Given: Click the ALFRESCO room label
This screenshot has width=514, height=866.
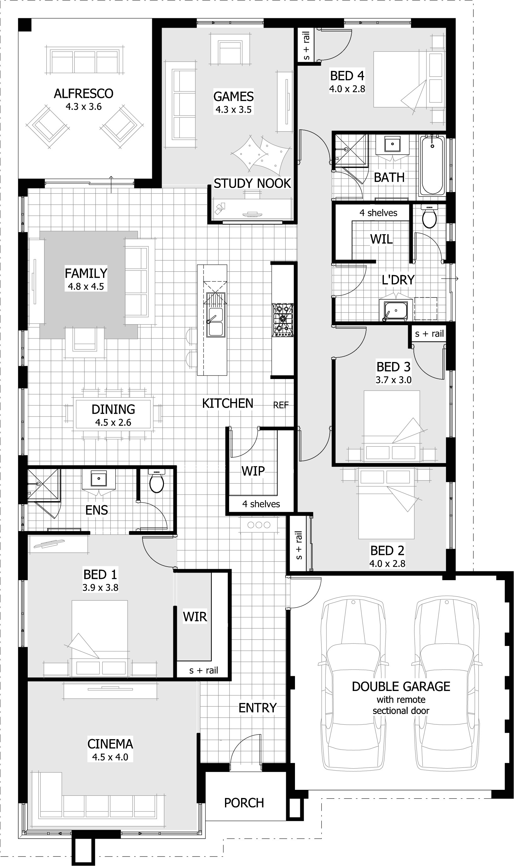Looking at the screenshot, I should coord(84,93).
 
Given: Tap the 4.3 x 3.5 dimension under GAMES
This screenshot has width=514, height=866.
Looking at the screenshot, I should coord(234,110).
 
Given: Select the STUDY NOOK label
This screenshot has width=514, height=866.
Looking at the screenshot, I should coord(252,184).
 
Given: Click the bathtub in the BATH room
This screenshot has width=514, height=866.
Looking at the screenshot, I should coord(432,165).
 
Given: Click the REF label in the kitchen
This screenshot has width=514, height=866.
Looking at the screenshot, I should coord(280,405).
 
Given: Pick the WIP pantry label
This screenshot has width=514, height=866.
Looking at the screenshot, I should coord(253,471).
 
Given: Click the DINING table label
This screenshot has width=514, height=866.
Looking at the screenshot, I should coord(113,409).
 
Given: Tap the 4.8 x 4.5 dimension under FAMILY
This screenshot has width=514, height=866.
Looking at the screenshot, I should coord(86,286).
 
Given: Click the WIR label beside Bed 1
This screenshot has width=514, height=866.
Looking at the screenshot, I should coord(195,617).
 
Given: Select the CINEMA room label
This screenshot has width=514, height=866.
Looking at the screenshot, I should coord(110,744).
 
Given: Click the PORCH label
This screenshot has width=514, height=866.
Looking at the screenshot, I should coord(244,803).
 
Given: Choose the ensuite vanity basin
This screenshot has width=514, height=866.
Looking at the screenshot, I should coord(99,479).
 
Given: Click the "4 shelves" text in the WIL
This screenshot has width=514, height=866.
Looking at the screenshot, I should coord(378,213).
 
